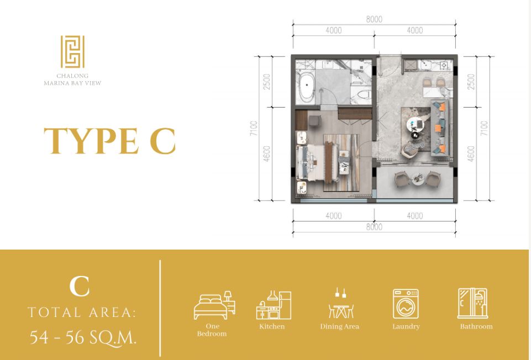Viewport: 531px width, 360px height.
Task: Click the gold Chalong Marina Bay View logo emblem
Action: point(72,52)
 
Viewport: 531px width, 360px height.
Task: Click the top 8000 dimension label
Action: point(374,19)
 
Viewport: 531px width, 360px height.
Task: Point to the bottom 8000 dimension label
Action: point(374,227)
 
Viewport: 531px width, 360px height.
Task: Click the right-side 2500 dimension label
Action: point(471,82)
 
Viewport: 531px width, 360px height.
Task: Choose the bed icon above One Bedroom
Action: point(214,305)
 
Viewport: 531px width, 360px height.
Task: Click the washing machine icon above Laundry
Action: point(406,304)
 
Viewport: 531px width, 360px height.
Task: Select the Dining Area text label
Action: point(339,326)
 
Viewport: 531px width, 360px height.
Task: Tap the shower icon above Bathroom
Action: point(472,303)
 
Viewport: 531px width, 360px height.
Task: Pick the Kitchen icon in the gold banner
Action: point(274,305)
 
